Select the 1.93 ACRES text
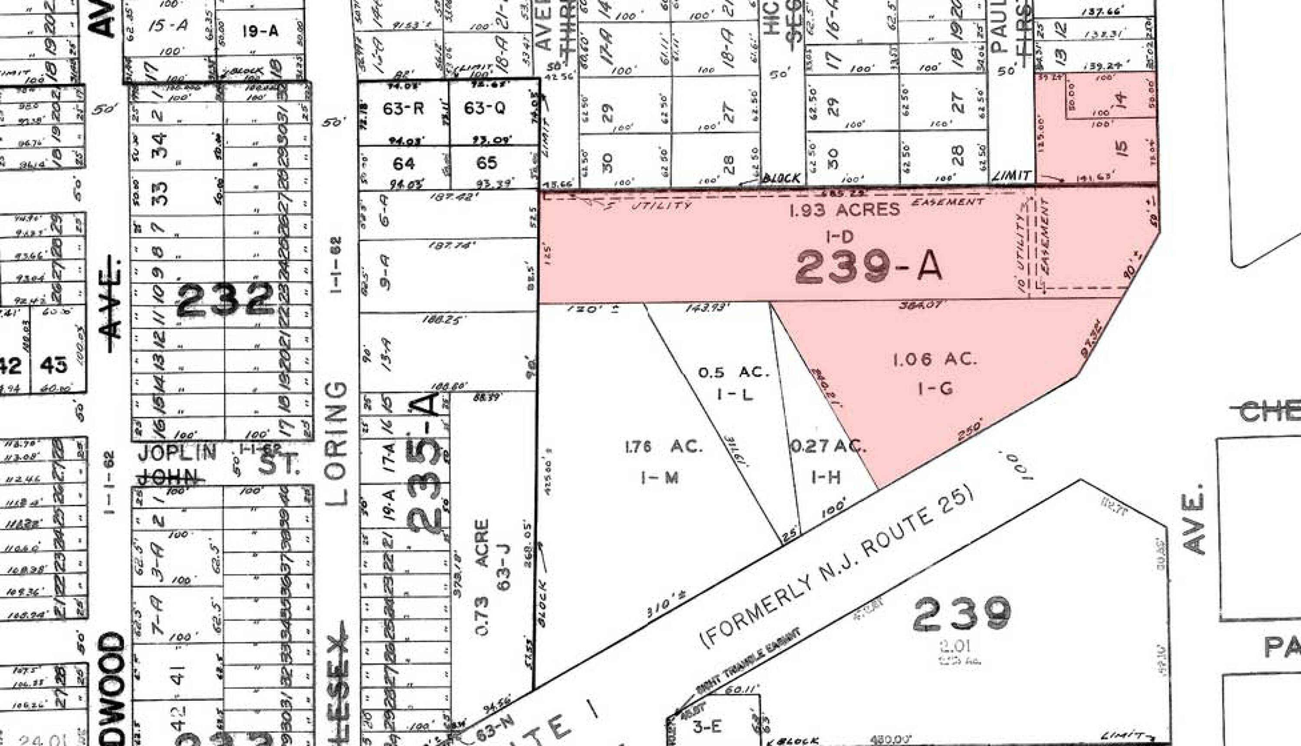844,209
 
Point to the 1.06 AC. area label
935,359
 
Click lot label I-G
935,389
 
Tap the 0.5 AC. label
733,372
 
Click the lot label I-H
826,478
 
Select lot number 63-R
403,109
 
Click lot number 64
403,163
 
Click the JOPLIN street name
178,453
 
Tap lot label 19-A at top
260,31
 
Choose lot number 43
53,365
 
